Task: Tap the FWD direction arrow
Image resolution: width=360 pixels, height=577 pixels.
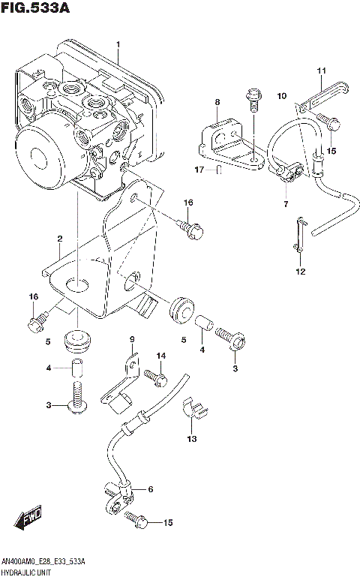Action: coord(28,518)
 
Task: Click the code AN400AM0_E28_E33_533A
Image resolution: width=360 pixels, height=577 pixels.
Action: coord(43,561)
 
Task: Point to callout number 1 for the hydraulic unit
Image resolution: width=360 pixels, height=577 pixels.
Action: coord(118,46)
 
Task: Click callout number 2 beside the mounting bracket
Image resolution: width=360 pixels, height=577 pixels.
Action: coord(58,239)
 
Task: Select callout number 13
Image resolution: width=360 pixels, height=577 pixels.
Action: coord(191,439)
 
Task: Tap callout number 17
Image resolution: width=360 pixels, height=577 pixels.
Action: coord(199,170)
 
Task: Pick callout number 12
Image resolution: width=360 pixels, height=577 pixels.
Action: coord(299,272)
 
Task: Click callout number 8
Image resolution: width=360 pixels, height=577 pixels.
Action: coord(217,102)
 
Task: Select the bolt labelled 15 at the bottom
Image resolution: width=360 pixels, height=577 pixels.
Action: coord(135,518)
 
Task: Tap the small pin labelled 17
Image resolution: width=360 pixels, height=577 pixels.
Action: coord(217,170)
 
